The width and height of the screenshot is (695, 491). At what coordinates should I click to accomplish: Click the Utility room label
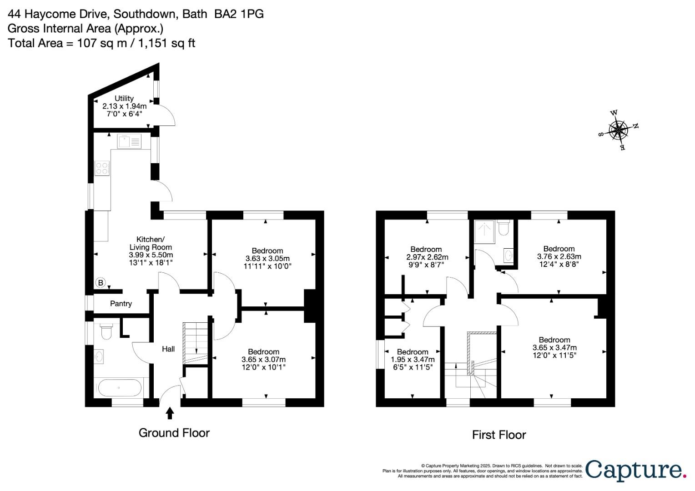point(124,98)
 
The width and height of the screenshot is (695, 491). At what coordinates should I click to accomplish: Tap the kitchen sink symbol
point(129,141)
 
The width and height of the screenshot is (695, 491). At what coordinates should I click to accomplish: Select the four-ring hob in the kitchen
point(102,168)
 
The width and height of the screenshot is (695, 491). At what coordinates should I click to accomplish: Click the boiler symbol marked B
point(101,283)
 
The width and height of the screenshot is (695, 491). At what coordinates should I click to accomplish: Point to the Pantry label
point(121,304)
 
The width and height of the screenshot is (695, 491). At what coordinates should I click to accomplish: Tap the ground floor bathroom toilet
point(106,331)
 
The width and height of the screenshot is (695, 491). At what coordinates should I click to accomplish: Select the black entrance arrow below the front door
point(170,413)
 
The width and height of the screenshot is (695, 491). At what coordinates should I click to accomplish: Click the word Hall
point(168,349)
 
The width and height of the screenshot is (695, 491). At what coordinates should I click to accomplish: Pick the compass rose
point(618,130)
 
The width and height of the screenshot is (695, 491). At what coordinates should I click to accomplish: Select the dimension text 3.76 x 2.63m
point(559,256)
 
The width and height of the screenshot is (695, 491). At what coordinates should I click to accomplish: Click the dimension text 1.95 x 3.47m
point(413,360)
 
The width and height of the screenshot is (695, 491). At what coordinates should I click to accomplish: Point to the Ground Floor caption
point(174,433)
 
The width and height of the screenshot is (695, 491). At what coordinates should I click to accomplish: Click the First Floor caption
point(499,435)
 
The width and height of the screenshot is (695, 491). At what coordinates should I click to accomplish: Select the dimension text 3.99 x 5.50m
point(151,255)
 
